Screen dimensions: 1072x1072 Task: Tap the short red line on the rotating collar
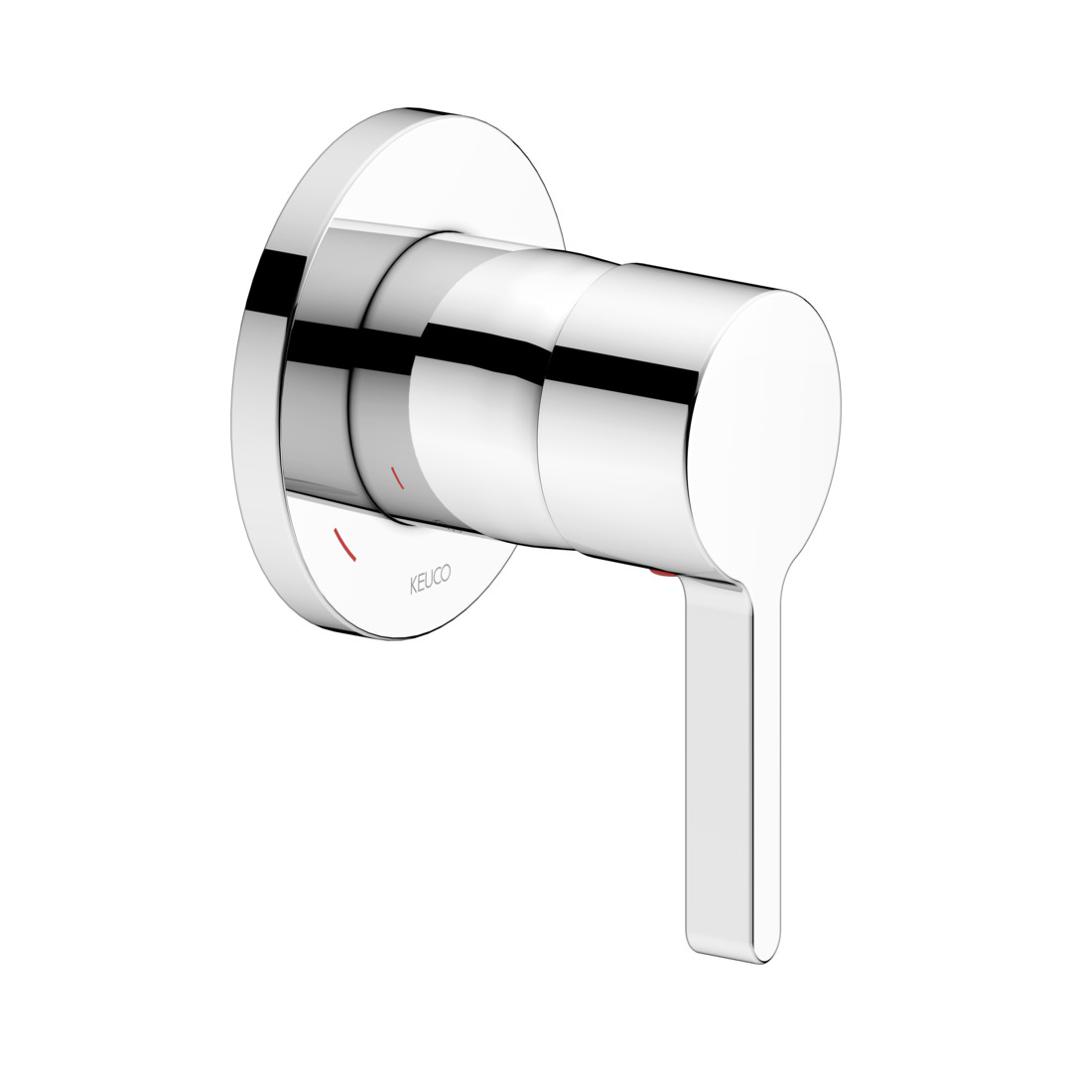(396, 477)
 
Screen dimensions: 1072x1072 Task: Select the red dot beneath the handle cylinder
(662, 572)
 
